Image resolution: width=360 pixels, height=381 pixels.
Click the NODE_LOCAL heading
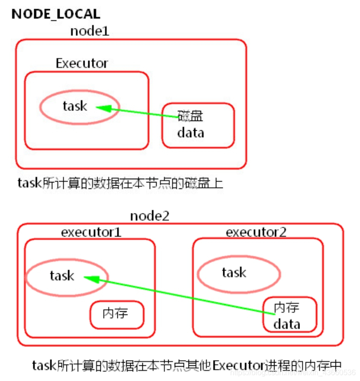55,14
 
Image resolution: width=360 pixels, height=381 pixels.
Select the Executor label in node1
82,63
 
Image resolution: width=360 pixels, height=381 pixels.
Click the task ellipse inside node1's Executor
79,107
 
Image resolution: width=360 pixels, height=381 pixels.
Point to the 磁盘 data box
198,125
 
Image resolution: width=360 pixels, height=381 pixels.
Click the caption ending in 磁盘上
121,183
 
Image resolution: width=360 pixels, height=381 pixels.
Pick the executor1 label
91,232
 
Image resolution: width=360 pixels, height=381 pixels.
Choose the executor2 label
256,232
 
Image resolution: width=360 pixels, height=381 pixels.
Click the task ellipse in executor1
67,276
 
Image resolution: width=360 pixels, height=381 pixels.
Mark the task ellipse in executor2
239,273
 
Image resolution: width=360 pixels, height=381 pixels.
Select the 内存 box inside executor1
116,314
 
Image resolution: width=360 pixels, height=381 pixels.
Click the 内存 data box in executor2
290,314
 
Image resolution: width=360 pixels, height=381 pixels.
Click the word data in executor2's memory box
287,324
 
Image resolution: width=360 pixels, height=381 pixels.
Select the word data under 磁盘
190,133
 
